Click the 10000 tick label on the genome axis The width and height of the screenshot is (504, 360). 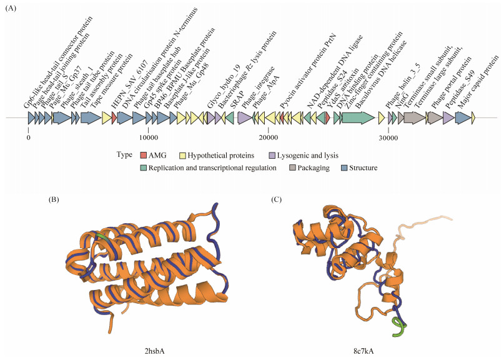point(148,137)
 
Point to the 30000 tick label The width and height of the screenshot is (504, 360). point(388,137)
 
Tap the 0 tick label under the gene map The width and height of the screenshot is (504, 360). point(28,137)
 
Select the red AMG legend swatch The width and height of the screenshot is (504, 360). point(143,154)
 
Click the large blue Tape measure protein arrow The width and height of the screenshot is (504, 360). point(91,117)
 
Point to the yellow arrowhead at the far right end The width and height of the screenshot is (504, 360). point(473,117)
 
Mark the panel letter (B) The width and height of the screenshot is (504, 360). point(54,199)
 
